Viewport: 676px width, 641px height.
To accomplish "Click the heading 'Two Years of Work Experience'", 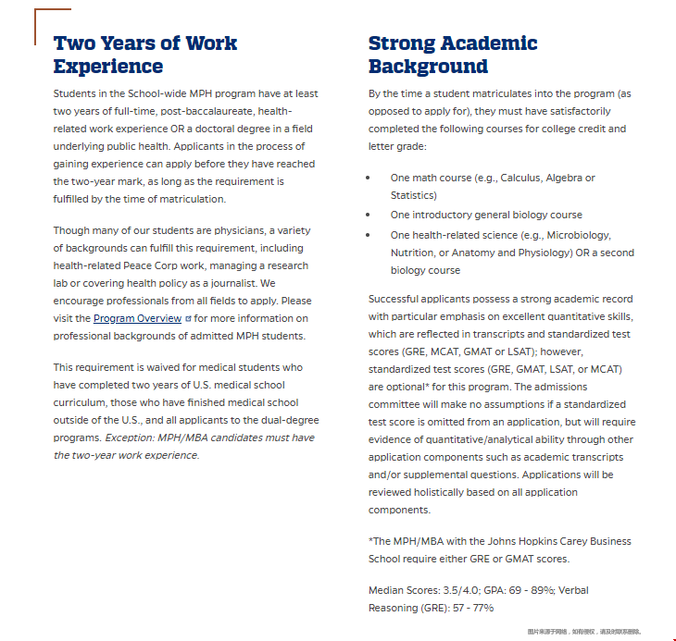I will pos(144,55).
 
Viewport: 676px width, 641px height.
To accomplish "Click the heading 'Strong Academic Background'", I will pos(452,55).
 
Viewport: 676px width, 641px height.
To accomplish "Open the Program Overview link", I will pos(136,318).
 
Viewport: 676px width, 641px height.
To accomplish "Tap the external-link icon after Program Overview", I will pos(188,318).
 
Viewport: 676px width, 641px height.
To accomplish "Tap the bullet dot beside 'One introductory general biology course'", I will pos(369,215).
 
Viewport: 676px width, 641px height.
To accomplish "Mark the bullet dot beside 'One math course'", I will pos(369,178).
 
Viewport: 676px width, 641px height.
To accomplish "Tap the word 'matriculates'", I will pos(499,94).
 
